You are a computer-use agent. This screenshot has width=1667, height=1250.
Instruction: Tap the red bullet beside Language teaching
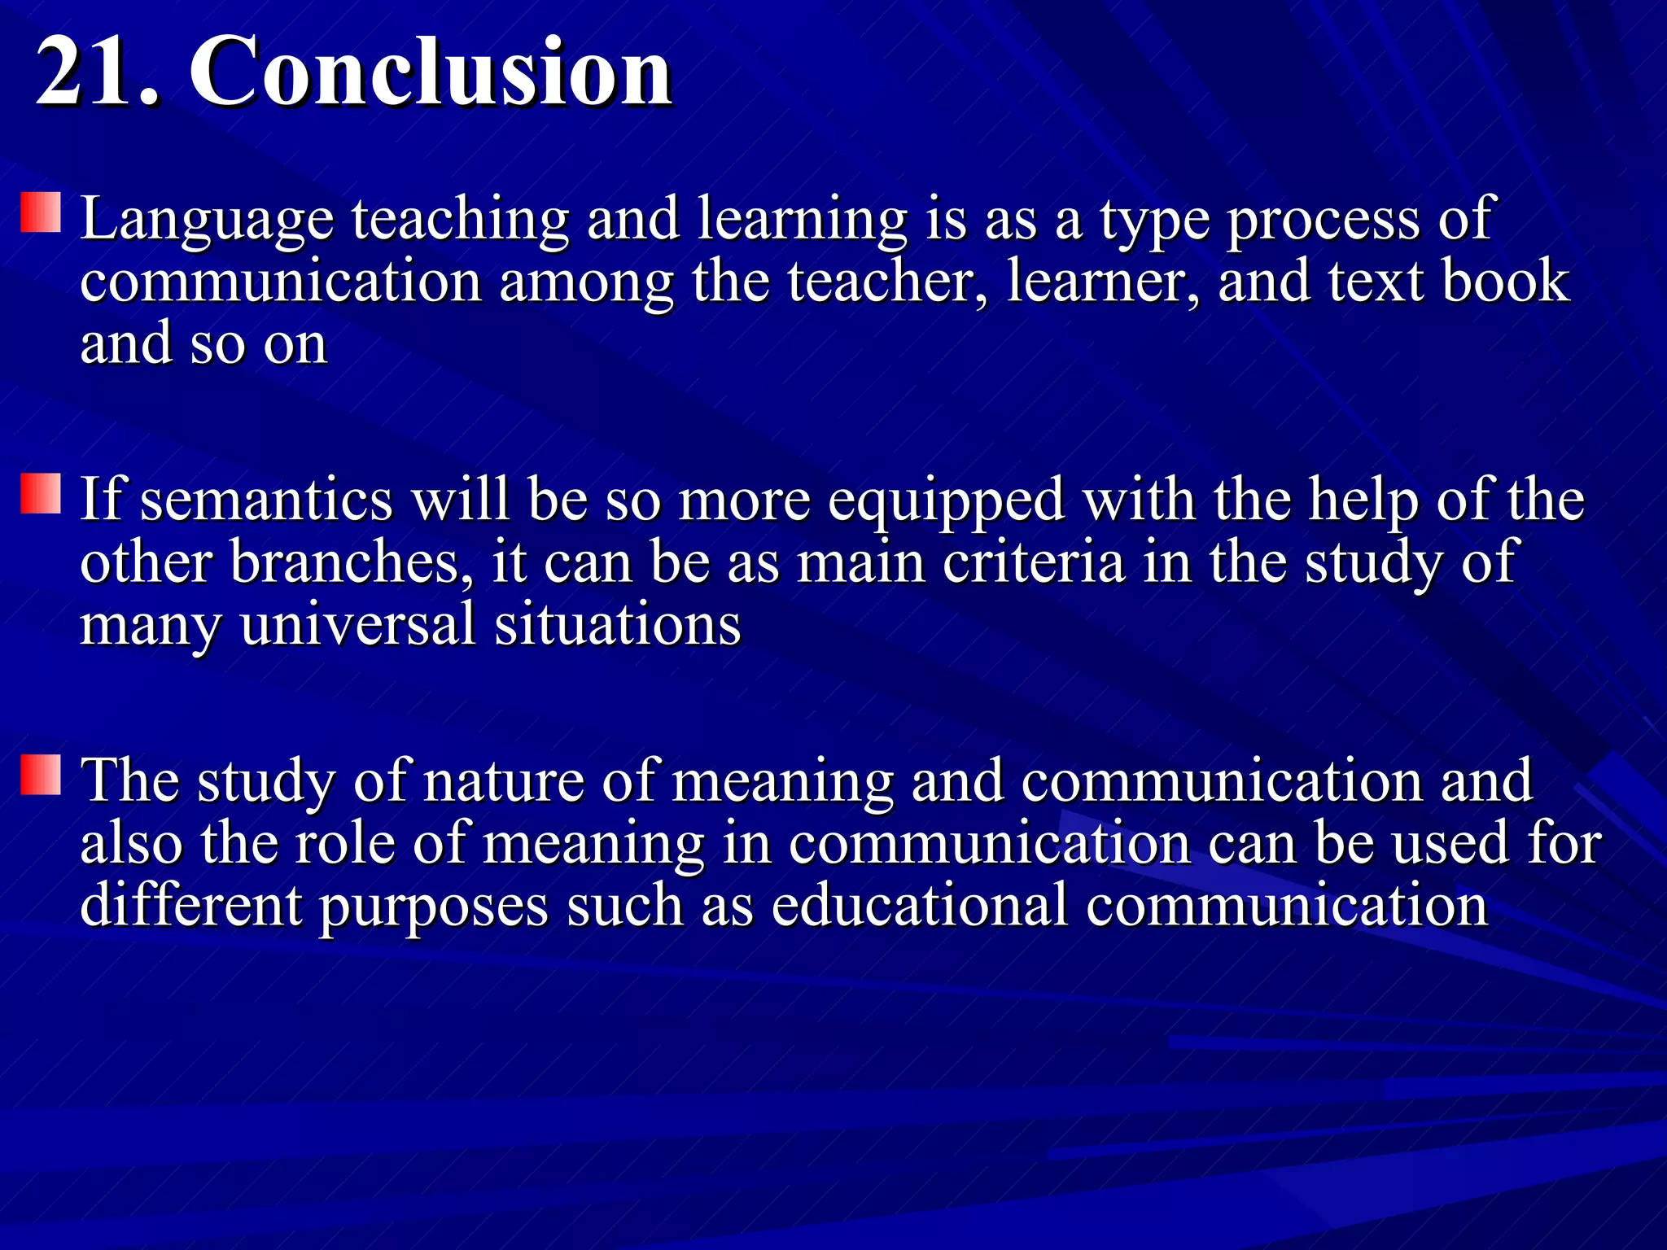click(41, 213)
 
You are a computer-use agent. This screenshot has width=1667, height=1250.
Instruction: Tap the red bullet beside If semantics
click(41, 494)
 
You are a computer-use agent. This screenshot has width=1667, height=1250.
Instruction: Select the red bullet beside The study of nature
click(41, 775)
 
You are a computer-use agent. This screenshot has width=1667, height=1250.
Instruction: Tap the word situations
click(618, 625)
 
